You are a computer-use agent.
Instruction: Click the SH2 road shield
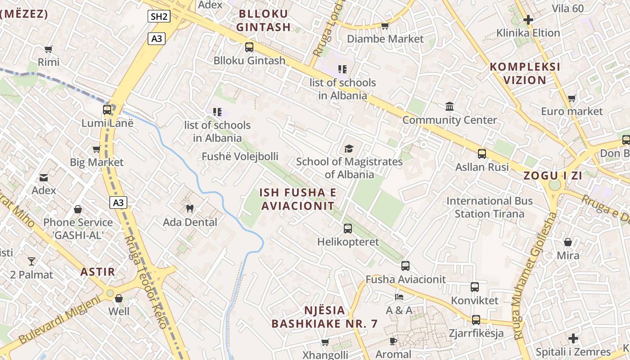point(159,17)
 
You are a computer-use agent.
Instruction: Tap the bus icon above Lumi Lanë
point(107,109)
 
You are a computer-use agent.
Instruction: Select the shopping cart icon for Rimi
point(49,49)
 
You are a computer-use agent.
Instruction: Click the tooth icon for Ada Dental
point(189,208)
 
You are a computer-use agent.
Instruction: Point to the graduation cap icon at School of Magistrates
point(349,148)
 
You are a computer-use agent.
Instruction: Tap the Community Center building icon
point(449,107)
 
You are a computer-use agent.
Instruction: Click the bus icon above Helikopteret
point(348,228)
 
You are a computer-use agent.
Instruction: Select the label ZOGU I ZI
point(553,176)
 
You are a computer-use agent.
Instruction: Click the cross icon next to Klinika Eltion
point(528,20)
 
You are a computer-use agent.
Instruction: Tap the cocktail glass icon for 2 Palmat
point(31,261)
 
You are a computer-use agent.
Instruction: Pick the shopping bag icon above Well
point(119,298)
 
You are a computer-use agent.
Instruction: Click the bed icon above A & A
point(399,297)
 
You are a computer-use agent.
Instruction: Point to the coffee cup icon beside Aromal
point(393,341)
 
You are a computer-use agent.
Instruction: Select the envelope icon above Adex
point(44,177)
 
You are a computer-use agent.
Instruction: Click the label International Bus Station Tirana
point(490,207)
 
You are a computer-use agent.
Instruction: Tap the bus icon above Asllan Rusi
point(482,153)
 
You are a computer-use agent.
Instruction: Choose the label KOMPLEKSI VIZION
point(525,73)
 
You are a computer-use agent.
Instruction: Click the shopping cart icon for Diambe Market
point(385,26)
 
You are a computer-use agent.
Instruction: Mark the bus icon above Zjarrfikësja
point(476,320)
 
